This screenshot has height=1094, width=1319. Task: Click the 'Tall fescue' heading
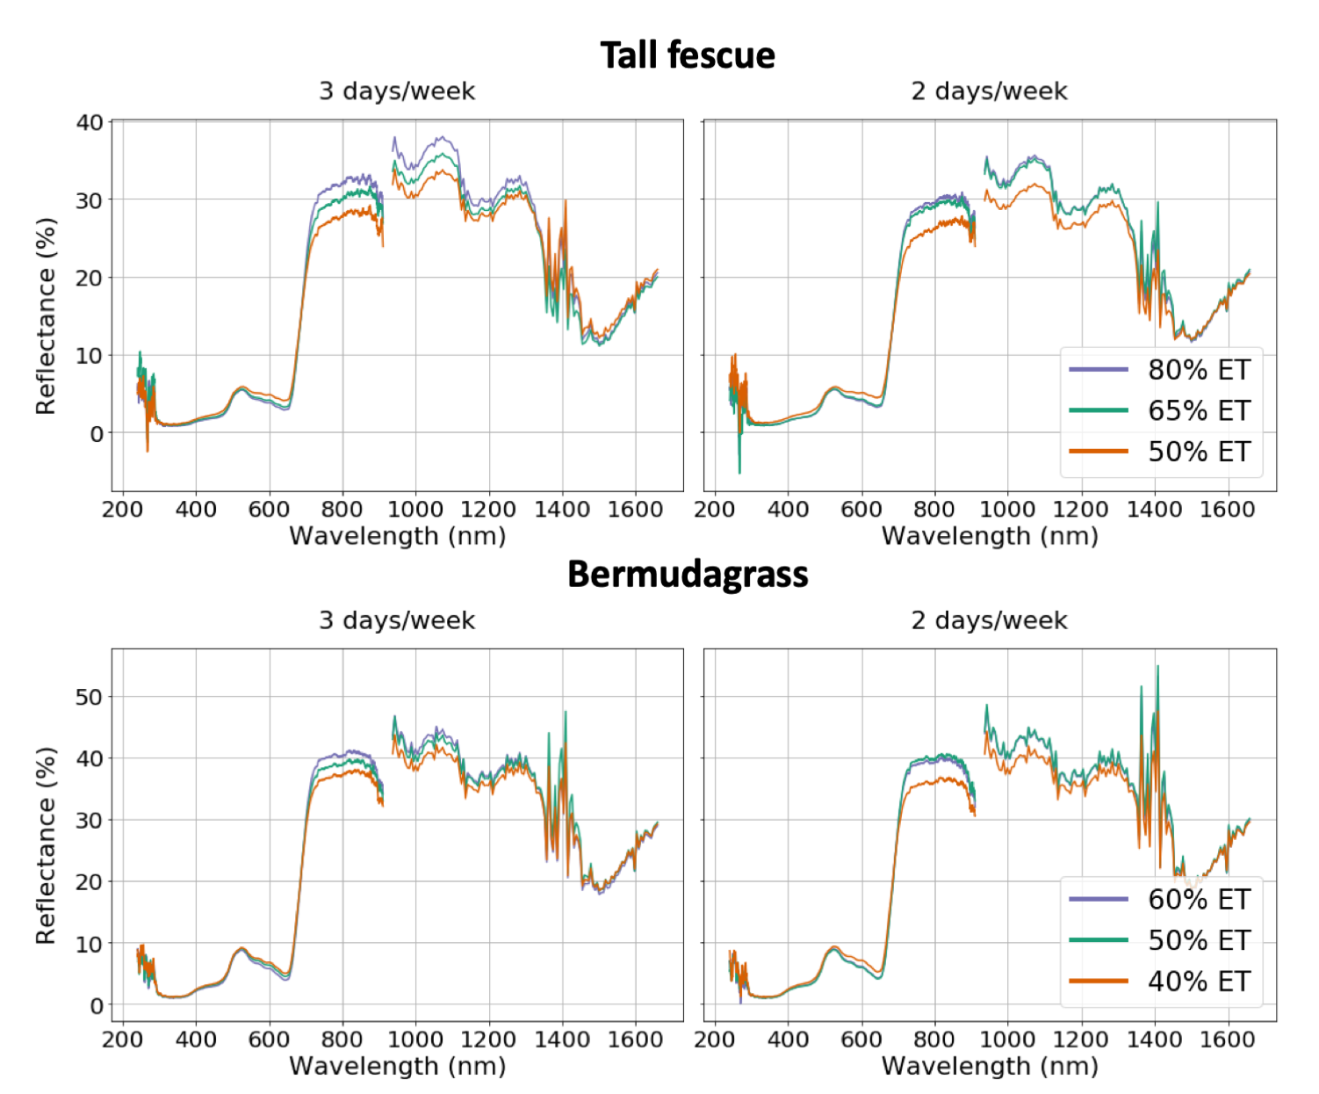688,55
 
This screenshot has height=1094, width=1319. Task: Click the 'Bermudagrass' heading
688,575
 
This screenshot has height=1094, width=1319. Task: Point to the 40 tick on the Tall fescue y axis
90,122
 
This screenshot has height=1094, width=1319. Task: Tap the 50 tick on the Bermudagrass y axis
90,697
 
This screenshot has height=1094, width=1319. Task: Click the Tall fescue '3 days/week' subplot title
397,91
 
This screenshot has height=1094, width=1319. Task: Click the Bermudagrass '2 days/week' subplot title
989,620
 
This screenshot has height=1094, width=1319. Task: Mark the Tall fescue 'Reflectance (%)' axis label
46,316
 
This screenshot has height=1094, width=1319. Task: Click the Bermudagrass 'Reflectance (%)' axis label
46,845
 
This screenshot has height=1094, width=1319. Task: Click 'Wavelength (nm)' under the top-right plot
990,536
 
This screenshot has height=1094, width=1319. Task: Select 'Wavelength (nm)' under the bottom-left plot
397,1066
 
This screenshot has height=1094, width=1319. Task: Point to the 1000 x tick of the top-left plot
415,510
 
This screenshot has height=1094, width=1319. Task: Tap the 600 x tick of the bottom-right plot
861,1040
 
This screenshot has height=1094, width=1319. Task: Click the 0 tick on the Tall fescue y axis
96,433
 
